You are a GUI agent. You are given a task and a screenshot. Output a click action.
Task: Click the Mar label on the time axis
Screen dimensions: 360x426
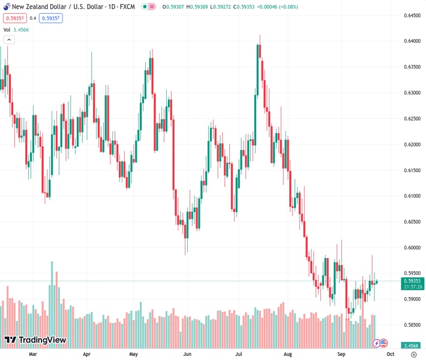pos(33,354)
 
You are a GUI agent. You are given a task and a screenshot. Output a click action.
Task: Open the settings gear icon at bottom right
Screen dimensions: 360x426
pos(413,354)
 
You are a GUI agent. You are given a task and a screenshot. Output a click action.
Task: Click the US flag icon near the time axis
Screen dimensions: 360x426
pos(384,343)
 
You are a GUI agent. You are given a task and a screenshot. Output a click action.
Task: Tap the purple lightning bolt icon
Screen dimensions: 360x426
pos(376,343)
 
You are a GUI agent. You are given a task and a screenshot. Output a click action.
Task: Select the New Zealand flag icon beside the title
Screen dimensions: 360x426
pos(5,6)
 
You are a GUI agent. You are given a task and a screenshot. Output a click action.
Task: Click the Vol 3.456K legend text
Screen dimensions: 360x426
pos(17,29)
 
